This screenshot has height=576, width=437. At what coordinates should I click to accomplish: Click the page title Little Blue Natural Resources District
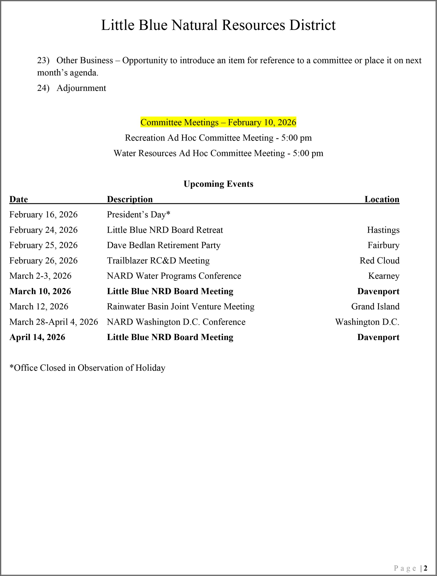pos(218,25)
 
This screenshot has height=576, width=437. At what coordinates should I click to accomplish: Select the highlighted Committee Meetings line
pos(218,122)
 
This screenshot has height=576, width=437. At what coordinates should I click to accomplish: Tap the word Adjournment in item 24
pos(81,88)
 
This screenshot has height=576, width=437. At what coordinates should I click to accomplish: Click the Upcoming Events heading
pos(218,184)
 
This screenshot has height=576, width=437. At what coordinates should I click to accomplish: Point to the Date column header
pos(18,199)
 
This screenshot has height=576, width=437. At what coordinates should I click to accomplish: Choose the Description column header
pos(129,199)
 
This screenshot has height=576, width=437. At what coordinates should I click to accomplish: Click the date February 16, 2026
pos(43,215)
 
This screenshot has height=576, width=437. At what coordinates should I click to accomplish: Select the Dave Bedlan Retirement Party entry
pos(163,245)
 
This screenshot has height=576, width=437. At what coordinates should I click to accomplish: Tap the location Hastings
pos(383,230)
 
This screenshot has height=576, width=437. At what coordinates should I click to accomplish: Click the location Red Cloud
pos(379,261)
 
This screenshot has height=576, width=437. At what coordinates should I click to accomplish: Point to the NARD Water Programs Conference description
pos(174,276)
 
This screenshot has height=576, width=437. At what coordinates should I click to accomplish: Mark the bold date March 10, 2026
pos(40,291)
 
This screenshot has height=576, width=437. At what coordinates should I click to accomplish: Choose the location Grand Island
pos(375,306)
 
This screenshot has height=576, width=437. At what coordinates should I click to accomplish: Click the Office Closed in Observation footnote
pos(87,368)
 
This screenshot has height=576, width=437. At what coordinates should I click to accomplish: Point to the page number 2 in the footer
pos(425,568)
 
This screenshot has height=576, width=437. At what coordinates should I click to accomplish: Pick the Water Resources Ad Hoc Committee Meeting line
pos(218,153)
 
